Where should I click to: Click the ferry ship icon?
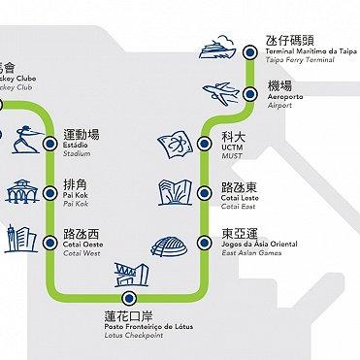click(x=218, y=48)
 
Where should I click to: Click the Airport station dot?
click(x=250, y=94)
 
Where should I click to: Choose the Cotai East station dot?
click(x=205, y=192)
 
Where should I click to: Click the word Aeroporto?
click(x=284, y=99)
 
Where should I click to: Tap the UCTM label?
click(x=233, y=148)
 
